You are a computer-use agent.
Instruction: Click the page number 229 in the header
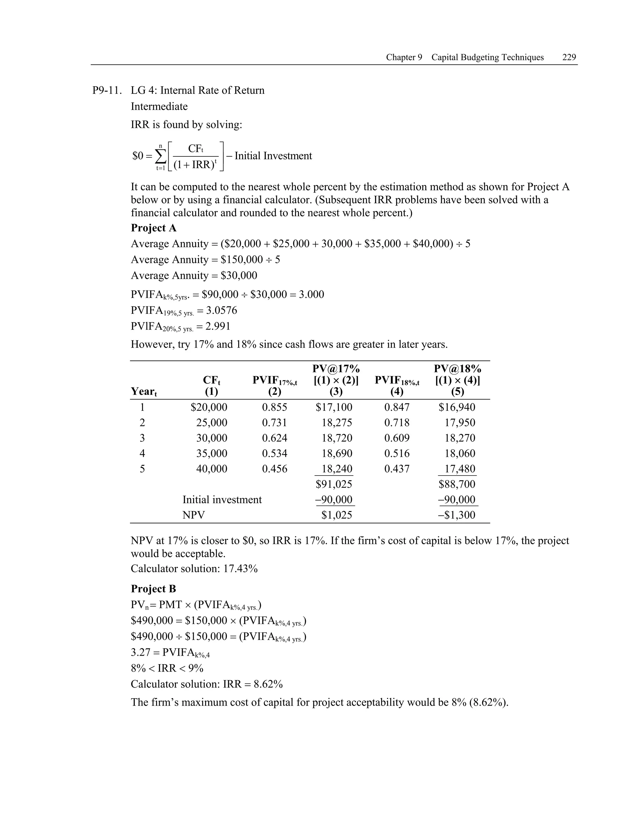569,57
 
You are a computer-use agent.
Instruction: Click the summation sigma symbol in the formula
160,156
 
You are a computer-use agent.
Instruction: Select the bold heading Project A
153,228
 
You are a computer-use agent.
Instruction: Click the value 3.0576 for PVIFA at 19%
221,310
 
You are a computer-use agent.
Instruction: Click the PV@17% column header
336,369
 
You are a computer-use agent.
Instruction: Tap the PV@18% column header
457,369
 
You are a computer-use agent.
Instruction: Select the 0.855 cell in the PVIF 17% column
274,407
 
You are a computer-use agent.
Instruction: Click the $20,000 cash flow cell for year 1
209,407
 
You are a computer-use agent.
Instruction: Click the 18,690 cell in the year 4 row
337,453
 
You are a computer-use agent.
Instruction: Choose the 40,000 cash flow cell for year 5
211,469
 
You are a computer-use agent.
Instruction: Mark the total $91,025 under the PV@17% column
334,484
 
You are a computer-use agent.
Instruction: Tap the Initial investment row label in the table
222,499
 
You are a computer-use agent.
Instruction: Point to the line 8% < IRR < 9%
167,668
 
